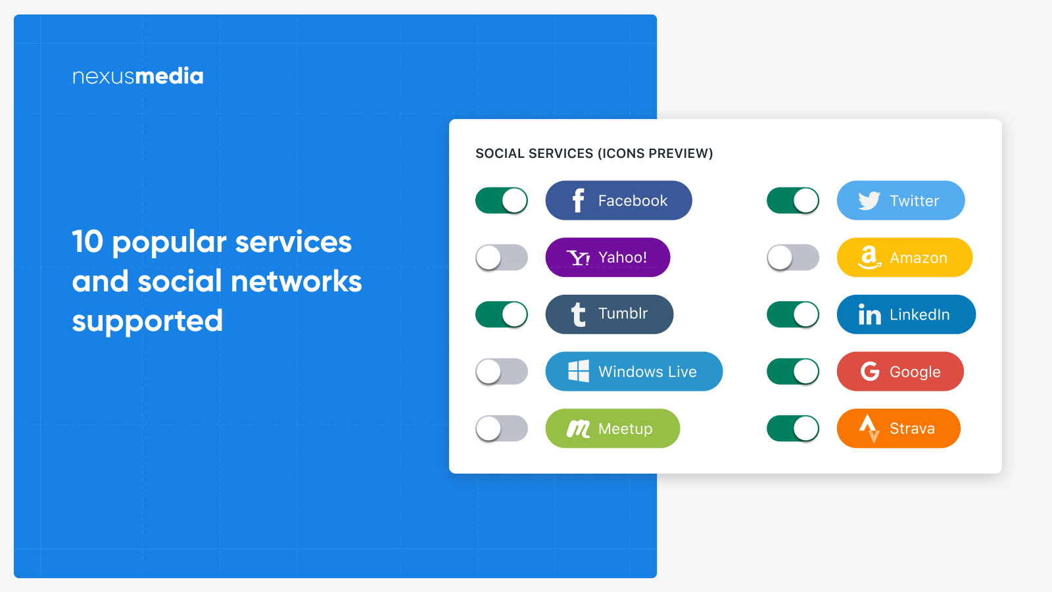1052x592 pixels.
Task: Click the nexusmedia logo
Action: click(x=137, y=76)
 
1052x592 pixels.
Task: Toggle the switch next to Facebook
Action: click(x=502, y=201)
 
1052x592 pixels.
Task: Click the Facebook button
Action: click(x=618, y=201)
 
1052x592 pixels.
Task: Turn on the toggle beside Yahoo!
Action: click(x=502, y=257)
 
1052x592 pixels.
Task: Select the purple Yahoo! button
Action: click(x=608, y=257)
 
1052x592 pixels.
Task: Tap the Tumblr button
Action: click(x=609, y=314)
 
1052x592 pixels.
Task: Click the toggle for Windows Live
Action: click(x=502, y=372)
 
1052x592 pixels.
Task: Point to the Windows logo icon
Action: click(x=578, y=372)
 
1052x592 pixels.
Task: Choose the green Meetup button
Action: click(x=612, y=428)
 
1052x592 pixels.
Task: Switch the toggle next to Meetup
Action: click(x=502, y=428)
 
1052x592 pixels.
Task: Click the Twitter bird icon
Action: click(x=869, y=201)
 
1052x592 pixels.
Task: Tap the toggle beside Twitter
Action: click(x=793, y=201)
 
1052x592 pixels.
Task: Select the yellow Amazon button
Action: click(x=904, y=257)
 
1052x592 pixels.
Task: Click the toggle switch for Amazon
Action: click(x=793, y=257)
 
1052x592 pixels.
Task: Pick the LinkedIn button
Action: click(x=906, y=314)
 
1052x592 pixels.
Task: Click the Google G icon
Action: click(x=870, y=372)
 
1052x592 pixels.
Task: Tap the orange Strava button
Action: click(x=898, y=428)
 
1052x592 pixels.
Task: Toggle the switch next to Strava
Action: click(x=793, y=428)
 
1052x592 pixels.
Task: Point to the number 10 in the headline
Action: click(x=87, y=241)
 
